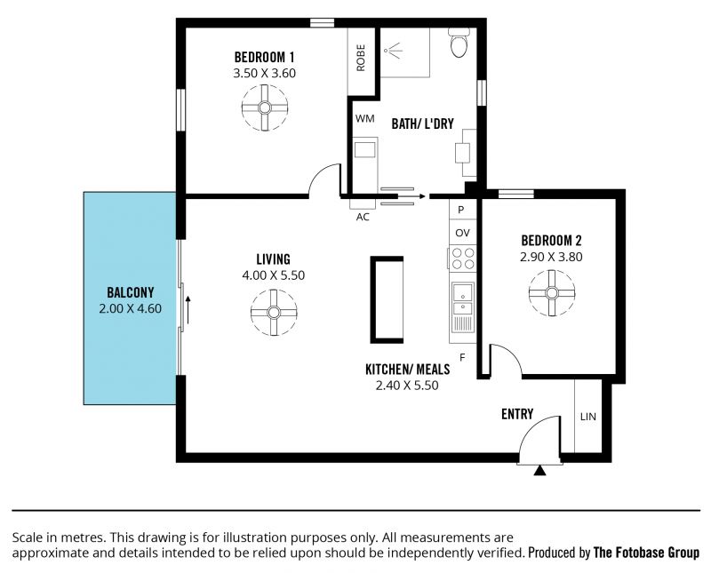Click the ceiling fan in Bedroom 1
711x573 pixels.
tap(265, 107)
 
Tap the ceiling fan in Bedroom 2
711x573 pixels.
tap(551, 293)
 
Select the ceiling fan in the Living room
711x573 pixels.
tap(274, 313)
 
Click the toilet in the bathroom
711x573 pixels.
tap(459, 42)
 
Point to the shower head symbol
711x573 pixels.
tap(394, 50)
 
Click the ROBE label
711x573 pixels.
tap(361, 58)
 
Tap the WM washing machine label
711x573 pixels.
tap(364, 119)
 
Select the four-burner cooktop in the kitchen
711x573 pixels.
tap(463, 259)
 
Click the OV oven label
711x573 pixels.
tap(462, 233)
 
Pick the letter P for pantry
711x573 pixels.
tap(460, 210)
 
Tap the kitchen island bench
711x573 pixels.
tap(387, 299)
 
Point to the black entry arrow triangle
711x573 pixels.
tap(539, 471)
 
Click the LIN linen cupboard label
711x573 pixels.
tap(588, 416)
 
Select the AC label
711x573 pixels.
tap(363, 217)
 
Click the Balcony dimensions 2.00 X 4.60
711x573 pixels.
tap(130, 308)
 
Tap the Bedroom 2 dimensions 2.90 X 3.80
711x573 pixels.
tap(551, 257)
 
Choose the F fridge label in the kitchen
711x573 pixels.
tap(462, 358)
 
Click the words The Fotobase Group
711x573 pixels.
tap(647, 553)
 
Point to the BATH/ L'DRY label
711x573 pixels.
tap(423, 123)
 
